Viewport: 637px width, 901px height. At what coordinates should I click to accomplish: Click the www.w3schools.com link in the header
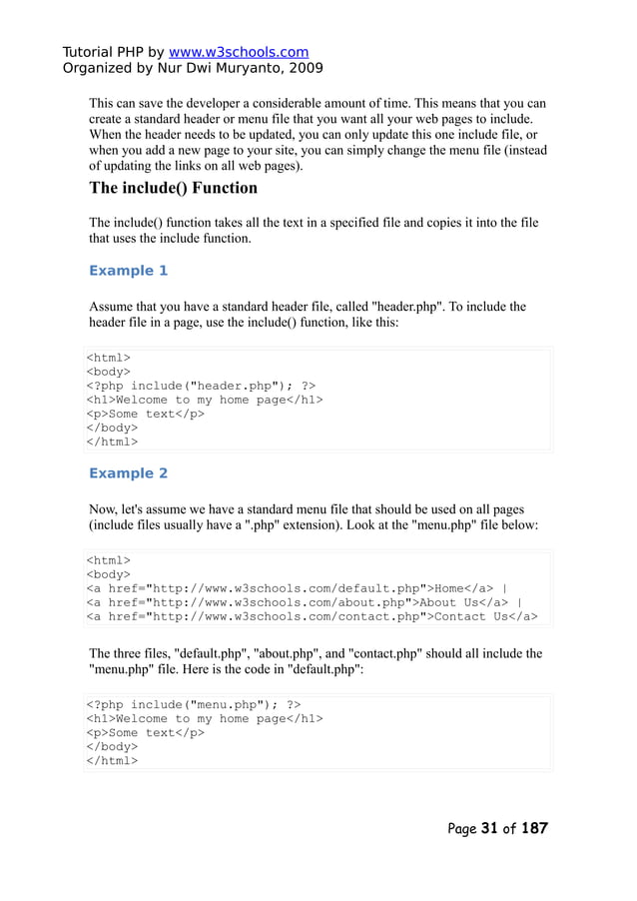tap(238, 52)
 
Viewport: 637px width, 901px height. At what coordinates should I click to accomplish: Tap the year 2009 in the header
tap(304, 69)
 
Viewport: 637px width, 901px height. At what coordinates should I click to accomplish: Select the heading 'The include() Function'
tap(173, 188)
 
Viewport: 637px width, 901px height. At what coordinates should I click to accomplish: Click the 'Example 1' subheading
tap(128, 271)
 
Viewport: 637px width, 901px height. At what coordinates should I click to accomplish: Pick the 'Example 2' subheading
tap(128, 473)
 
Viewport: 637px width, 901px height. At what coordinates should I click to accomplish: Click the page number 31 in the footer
tap(489, 828)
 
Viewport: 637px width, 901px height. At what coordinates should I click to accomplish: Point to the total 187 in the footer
tap(534, 828)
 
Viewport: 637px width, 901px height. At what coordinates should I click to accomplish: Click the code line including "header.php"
tap(201, 386)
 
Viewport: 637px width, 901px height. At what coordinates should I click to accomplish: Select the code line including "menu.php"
tap(193, 704)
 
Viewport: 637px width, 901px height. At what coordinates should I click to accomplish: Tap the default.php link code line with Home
tap(297, 588)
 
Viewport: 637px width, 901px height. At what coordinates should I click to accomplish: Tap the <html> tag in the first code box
tap(108, 358)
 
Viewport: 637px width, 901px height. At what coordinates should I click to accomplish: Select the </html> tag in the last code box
tap(112, 760)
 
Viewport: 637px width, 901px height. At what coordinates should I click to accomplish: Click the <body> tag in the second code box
tap(108, 574)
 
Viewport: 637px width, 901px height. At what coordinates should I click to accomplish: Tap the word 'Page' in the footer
tap(462, 828)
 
